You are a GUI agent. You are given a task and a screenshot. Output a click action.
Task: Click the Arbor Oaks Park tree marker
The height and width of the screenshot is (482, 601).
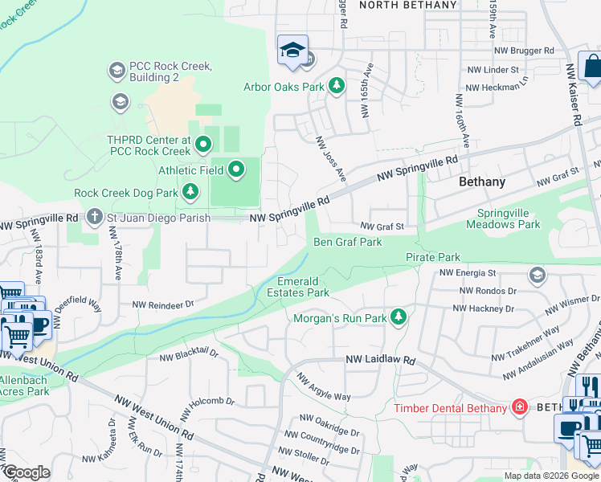[x=337, y=85]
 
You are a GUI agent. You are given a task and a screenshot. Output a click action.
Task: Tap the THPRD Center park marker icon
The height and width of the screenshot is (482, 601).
[x=202, y=145]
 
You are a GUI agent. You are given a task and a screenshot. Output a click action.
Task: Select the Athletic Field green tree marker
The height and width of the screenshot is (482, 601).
[x=236, y=170]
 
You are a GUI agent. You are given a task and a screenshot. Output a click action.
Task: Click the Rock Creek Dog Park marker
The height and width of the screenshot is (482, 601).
[x=190, y=192]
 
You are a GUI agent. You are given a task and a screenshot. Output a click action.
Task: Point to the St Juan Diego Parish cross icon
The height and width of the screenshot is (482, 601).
[x=95, y=217]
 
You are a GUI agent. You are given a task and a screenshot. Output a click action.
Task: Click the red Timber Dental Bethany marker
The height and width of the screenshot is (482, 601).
[x=520, y=407]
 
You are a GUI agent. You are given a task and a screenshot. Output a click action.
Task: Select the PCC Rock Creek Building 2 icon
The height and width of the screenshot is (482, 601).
[x=116, y=71]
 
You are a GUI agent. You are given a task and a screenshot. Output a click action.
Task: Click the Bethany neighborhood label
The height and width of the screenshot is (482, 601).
[x=482, y=182]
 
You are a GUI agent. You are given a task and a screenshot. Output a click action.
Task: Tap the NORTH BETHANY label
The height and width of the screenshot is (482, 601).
[x=407, y=5]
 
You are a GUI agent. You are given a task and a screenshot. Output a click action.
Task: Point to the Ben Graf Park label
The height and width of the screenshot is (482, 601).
[x=347, y=242]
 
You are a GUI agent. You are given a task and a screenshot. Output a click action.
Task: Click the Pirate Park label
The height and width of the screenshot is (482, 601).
[x=433, y=257]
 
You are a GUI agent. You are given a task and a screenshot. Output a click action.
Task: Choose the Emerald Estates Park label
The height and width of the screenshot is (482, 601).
[x=304, y=287]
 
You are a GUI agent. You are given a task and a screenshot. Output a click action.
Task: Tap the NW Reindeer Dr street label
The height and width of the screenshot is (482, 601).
[x=164, y=304]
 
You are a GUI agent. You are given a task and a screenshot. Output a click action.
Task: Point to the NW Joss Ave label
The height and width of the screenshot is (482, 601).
[x=330, y=157]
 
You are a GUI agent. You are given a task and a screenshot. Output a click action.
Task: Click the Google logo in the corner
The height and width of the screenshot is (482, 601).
[x=27, y=472]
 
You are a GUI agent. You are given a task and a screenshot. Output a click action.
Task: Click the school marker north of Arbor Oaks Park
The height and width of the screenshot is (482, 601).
[x=292, y=50]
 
